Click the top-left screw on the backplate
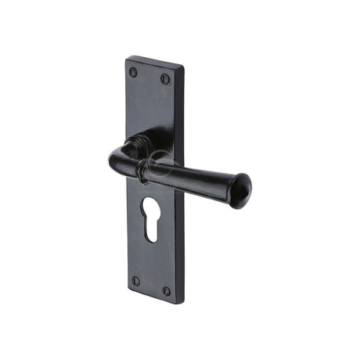click(x=133, y=72)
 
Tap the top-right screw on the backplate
click(x=165, y=78)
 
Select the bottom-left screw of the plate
click(x=135, y=280)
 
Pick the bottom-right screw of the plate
click(x=166, y=290)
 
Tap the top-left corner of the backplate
click(x=127, y=57)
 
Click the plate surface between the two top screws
click(x=149, y=76)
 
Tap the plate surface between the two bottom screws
click(x=150, y=286)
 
